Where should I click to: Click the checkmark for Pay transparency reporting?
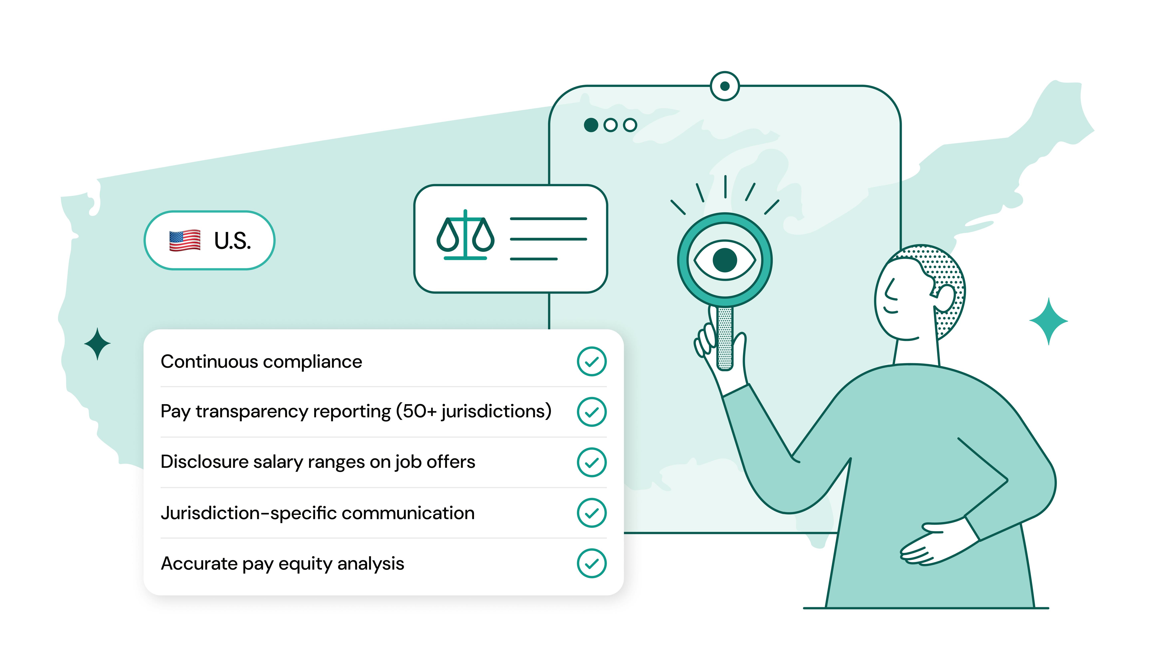point(592,412)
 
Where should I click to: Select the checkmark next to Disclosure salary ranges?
point(592,462)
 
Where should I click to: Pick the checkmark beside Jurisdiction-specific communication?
point(592,513)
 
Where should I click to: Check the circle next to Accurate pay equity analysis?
point(592,563)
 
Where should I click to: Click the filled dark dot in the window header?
point(591,125)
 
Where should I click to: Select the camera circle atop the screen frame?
point(725,86)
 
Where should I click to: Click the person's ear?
point(944,298)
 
